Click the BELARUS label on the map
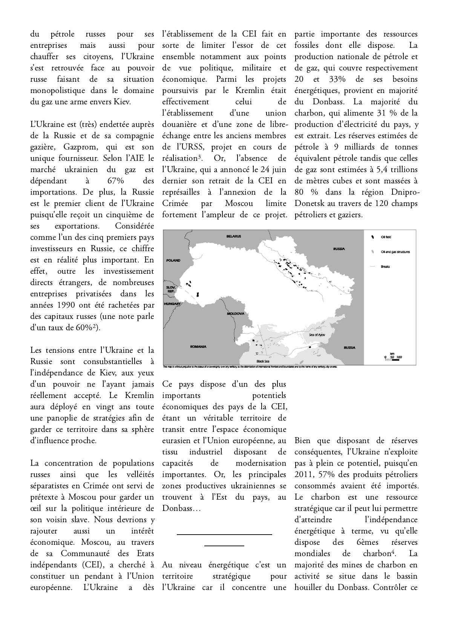click(233, 236)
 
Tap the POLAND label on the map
click(173, 260)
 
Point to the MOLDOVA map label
click(236, 313)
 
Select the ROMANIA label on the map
click(198, 347)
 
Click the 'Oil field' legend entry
click(386, 237)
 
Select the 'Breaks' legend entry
click(385, 267)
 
